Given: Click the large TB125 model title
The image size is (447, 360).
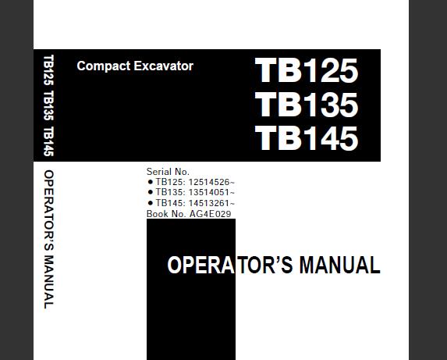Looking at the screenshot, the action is tap(306, 70).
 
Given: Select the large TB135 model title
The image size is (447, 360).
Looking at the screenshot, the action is tap(306, 105).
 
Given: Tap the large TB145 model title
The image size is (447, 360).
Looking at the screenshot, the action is tap(306, 138).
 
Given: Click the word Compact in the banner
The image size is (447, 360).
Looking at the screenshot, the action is tap(104, 66).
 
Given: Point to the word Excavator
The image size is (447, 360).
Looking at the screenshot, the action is tap(164, 66).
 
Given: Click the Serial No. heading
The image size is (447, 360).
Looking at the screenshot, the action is tap(168, 172).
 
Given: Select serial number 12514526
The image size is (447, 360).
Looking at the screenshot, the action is tap(211, 182).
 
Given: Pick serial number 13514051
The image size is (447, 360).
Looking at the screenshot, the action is tap(211, 192).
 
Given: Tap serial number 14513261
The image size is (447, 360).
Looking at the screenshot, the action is tap(211, 203).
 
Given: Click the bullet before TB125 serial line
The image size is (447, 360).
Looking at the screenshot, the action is tap(151, 182).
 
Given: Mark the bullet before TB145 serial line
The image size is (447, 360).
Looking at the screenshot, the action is tap(151, 203).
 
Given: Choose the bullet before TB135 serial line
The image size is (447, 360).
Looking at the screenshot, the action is tap(151, 192).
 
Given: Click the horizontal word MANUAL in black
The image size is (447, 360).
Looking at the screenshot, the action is tap(339, 265).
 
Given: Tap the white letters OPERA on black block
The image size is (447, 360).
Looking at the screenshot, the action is tap(201, 265).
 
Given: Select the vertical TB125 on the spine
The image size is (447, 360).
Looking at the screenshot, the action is tap(48, 70).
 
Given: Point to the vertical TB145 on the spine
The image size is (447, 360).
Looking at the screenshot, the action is tap(48, 141).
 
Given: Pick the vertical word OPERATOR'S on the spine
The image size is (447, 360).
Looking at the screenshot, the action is tap(48, 210).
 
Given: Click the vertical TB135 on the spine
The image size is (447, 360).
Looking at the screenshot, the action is tap(48, 105).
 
